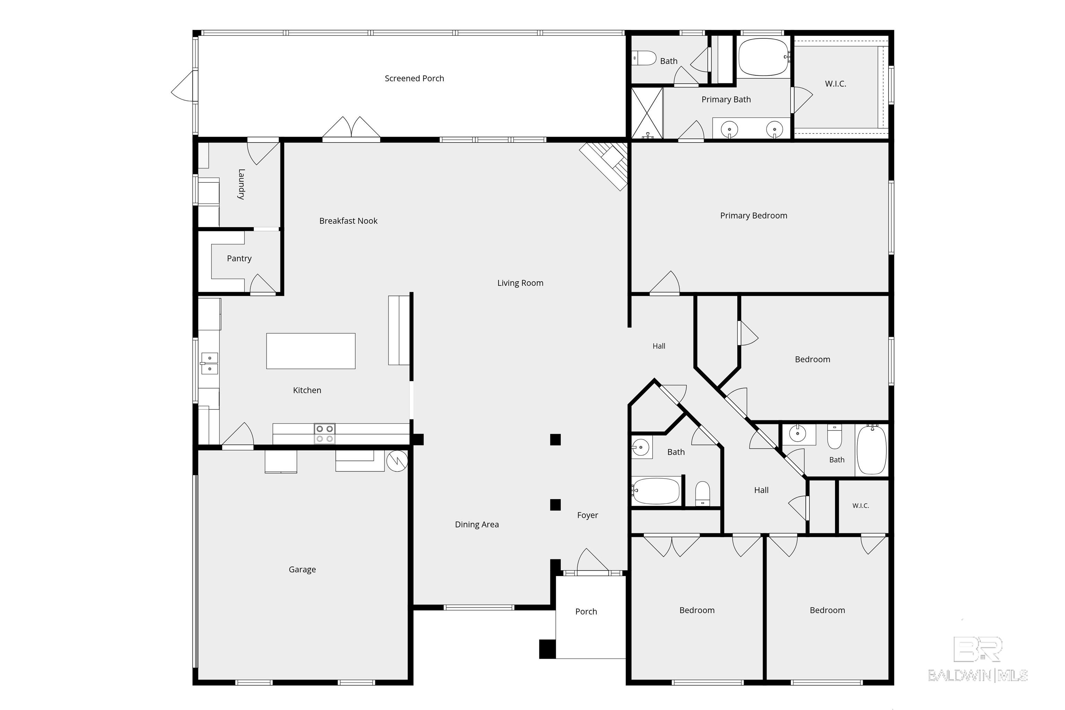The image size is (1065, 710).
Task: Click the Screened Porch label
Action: pyautogui.click(x=414, y=78)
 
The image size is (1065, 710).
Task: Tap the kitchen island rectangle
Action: pyautogui.click(x=311, y=351)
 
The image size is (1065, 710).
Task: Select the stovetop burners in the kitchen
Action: pyautogui.click(x=324, y=433)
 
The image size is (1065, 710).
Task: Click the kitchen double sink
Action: pyautogui.click(x=209, y=363)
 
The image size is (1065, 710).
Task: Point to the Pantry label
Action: pyautogui.click(x=239, y=258)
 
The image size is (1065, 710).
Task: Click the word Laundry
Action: pyautogui.click(x=242, y=184)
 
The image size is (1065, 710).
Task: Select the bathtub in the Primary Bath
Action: pyautogui.click(x=763, y=57)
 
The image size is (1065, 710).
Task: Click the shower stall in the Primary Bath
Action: pyautogui.click(x=647, y=113)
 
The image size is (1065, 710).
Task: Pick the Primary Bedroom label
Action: pyautogui.click(x=754, y=215)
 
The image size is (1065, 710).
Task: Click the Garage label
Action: pyautogui.click(x=302, y=570)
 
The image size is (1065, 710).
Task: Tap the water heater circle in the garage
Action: pyautogui.click(x=397, y=461)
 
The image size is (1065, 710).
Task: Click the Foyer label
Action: pyautogui.click(x=588, y=515)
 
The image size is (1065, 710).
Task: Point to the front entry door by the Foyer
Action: pyautogui.click(x=592, y=562)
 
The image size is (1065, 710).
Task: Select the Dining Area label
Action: pyautogui.click(x=477, y=524)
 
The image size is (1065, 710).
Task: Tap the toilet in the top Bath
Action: pyautogui.click(x=644, y=58)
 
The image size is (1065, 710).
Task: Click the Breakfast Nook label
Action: pyautogui.click(x=348, y=221)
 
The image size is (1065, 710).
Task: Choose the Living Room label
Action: pyautogui.click(x=520, y=283)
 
